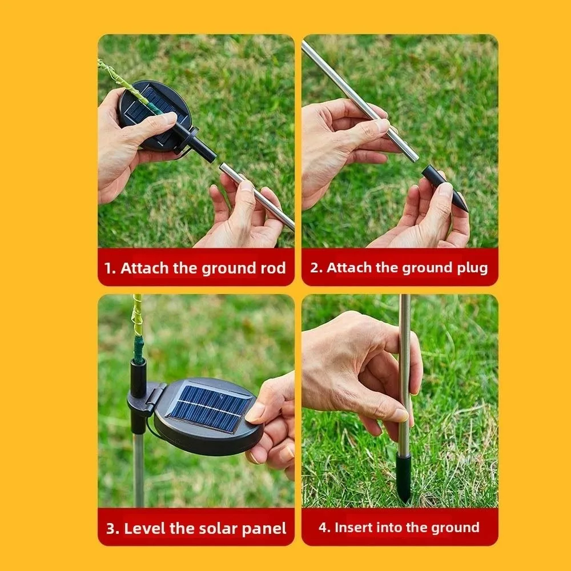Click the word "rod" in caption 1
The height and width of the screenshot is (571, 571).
click(274, 268)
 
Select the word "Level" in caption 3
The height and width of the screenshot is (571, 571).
click(144, 528)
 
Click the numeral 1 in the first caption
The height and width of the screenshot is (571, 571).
click(108, 268)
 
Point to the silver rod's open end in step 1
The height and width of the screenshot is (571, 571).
click(223, 167)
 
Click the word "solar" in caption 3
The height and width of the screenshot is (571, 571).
click(219, 528)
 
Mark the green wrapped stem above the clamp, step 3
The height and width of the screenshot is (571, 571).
click(138, 331)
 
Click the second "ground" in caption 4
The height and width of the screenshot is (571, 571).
click(453, 528)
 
